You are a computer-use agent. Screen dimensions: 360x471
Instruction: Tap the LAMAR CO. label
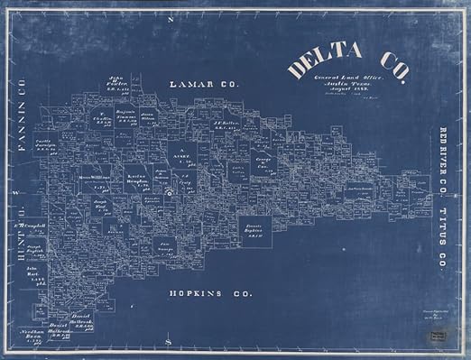point(204,84)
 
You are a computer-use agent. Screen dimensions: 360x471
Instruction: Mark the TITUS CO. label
point(444,239)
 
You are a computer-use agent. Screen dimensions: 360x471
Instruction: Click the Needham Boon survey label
point(33,335)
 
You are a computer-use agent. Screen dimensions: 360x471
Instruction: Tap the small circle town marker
point(168,192)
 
